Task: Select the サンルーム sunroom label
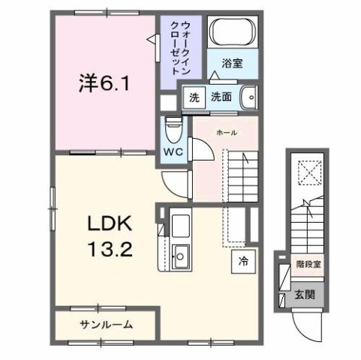(106, 325)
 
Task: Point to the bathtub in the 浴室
(233, 33)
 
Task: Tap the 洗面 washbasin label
(220, 97)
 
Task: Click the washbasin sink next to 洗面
(249, 97)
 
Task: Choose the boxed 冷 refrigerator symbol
(243, 263)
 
